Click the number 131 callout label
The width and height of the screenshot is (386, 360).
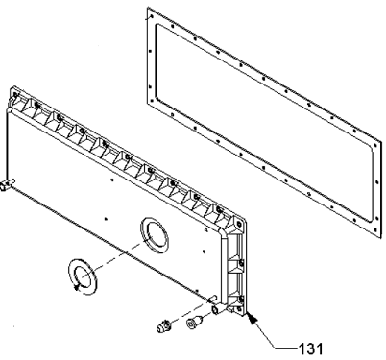[x=310, y=348]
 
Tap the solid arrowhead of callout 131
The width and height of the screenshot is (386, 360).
[x=252, y=318]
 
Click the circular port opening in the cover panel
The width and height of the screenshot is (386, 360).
[x=155, y=235]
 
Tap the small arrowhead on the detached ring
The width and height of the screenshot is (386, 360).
[x=76, y=288]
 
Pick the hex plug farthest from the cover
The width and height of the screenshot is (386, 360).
[x=163, y=325]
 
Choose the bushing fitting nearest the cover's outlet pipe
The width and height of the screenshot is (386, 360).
[x=194, y=322]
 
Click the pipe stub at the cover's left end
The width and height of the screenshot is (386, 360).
[x=7, y=184]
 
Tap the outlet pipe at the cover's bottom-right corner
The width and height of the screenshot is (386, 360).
[x=215, y=308]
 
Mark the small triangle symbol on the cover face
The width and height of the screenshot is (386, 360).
[x=205, y=229]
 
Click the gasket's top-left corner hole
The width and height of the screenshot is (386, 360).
[x=152, y=15]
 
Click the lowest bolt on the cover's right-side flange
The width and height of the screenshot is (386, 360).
[x=241, y=299]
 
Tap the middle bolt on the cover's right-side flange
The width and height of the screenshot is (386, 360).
[x=241, y=262]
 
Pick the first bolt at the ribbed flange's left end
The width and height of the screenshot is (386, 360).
[x=15, y=94]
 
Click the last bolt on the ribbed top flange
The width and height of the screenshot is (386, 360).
[x=219, y=210]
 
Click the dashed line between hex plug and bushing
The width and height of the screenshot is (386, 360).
[x=179, y=321]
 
